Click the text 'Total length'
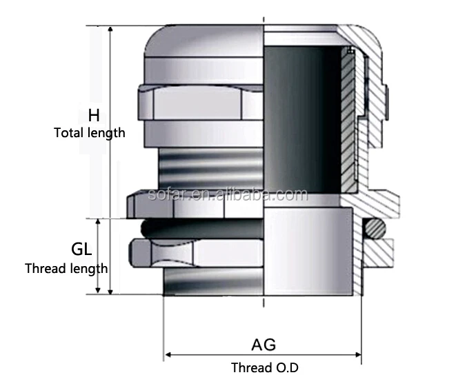click(x=90, y=132)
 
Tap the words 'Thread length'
click(x=66, y=268)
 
